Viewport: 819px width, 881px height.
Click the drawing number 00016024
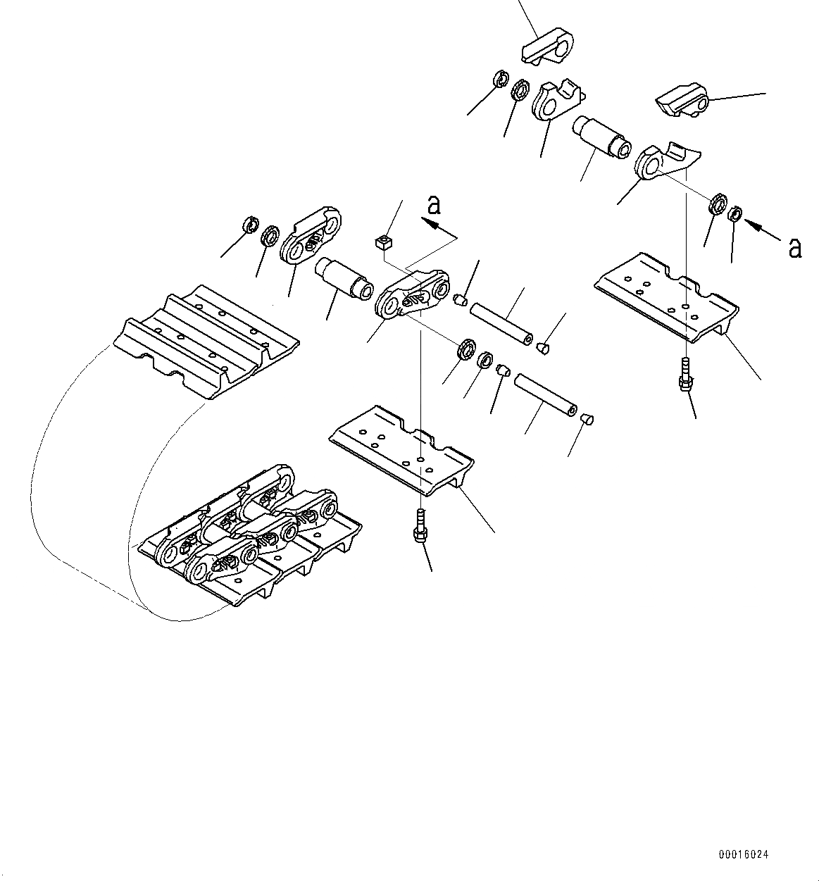pos(744,854)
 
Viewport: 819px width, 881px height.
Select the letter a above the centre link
pos(434,204)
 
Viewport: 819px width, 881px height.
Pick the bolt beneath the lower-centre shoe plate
pos(420,525)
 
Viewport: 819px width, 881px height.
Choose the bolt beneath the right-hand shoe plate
pos(686,373)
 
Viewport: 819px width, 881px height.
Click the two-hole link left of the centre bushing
pos(311,235)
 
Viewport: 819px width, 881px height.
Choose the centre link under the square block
pos(412,296)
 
